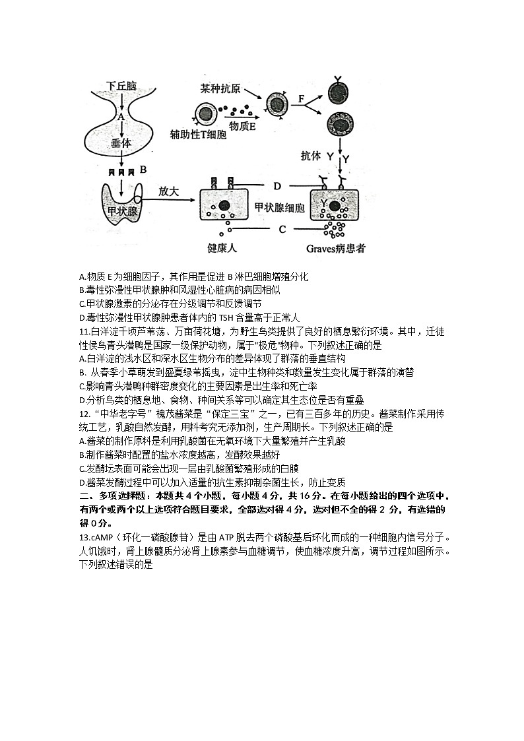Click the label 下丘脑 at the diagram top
pos(121,86)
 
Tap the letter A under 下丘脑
pos(121,116)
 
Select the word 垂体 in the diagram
pos(121,143)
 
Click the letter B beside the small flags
pos(143,169)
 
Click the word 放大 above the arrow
pos(168,191)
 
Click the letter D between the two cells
pos(277,185)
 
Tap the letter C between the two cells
pos(282,229)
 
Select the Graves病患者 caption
pos(336,249)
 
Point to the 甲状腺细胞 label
pos(279,208)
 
